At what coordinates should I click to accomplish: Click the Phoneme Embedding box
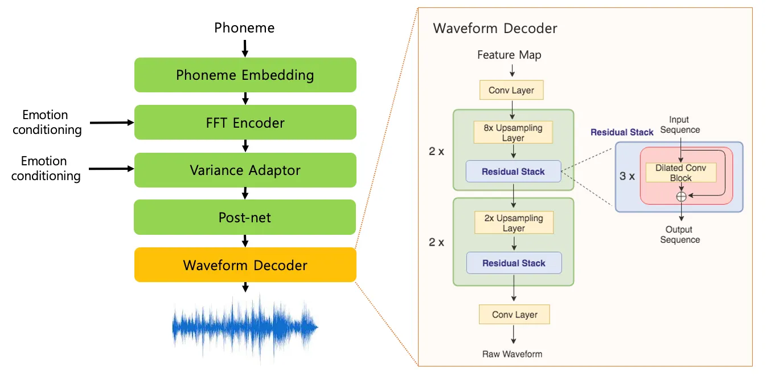[245, 75]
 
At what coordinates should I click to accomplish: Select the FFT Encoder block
[245, 122]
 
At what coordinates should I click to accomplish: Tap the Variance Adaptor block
[245, 170]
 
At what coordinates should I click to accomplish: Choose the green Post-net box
[245, 217]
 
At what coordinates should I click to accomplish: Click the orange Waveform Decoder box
[245, 264]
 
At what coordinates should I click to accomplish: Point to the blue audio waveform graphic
[245, 328]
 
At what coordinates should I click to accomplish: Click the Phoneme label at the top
[244, 27]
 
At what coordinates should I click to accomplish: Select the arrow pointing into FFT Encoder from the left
[110, 122]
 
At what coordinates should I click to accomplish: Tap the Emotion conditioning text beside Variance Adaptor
[46, 168]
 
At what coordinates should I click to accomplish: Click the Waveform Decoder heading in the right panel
[495, 28]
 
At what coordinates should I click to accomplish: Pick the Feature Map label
[509, 55]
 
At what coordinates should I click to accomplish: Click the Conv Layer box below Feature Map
[511, 90]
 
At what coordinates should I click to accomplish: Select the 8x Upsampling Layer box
[513, 133]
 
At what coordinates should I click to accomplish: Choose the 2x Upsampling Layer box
[514, 223]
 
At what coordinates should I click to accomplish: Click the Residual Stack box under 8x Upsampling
[513, 172]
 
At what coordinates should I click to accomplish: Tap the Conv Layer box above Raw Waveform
[514, 315]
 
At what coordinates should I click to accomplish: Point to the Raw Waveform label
[512, 354]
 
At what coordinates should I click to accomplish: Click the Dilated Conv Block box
[680, 173]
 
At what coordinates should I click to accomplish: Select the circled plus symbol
[680, 196]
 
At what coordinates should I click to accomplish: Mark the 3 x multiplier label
[627, 176]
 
